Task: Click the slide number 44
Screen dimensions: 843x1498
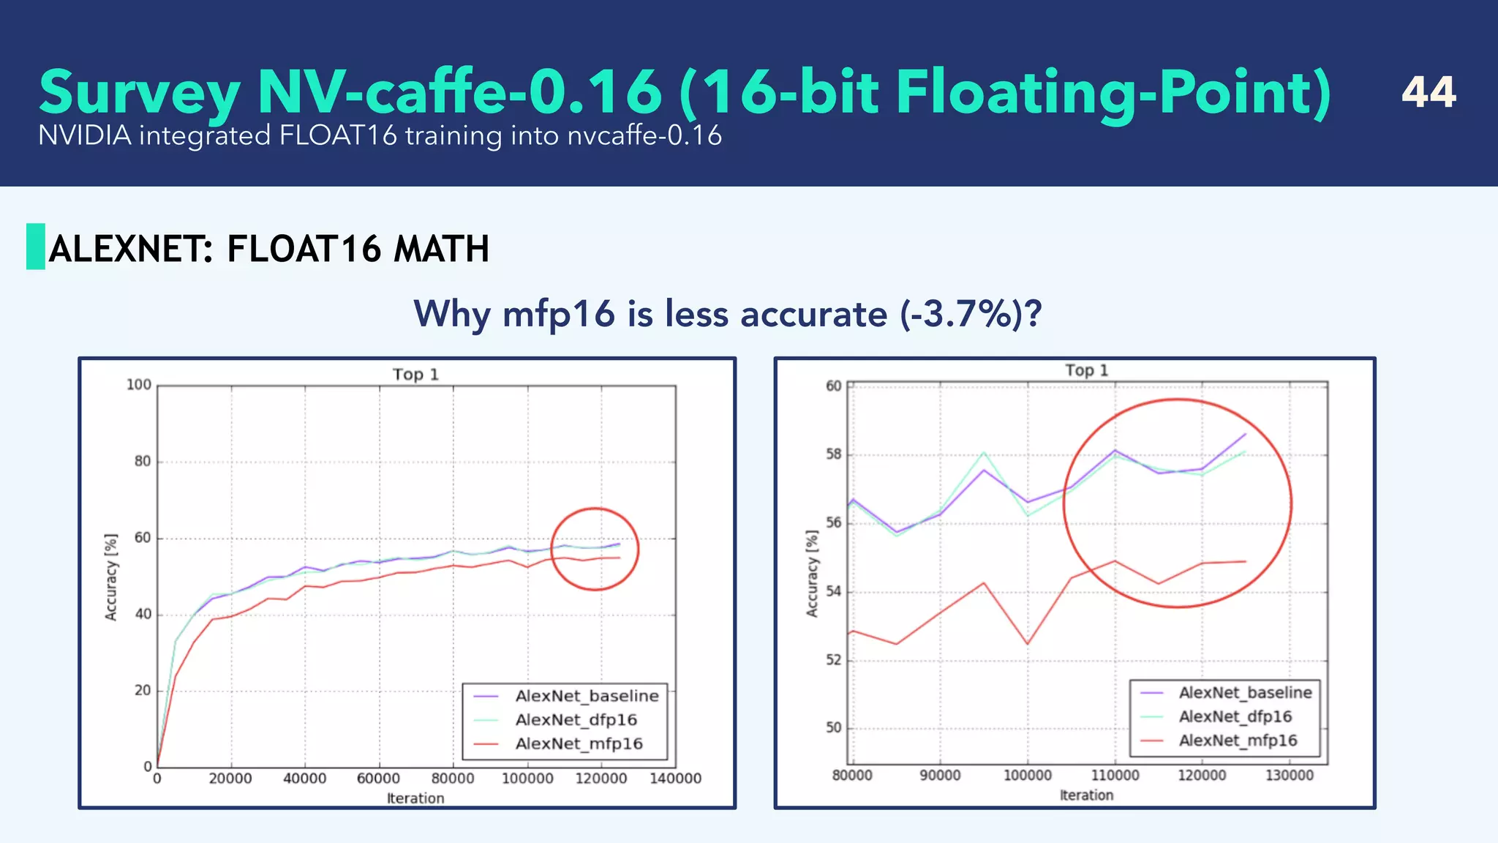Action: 1429,92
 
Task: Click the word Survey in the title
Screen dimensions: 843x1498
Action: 139,94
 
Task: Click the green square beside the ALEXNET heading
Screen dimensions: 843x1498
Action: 36,247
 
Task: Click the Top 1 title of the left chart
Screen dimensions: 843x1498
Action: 415,375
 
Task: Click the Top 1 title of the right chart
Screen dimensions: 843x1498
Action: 1086,370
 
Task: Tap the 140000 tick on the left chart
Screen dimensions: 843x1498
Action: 675,779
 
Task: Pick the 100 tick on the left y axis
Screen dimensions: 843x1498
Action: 139,385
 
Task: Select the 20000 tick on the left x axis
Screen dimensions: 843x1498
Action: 230,779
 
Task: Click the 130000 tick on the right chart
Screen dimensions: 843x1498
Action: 1290,776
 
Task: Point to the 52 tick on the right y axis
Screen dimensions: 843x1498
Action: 834,660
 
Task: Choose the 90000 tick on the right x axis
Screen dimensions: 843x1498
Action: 940,776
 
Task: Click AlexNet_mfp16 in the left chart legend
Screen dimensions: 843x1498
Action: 579,744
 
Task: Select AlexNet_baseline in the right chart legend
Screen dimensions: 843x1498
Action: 1245,692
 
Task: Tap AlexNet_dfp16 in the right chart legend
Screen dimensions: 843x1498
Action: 1235,716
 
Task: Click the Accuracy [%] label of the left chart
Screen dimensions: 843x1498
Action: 111,577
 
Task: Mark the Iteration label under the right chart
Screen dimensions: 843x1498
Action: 1086,795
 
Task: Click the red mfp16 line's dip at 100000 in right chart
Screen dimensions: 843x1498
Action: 1027,644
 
